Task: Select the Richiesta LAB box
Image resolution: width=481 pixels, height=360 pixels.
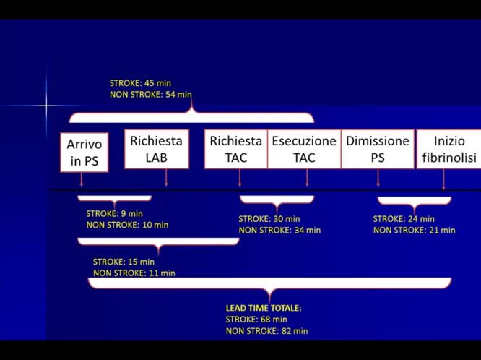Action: pos(156,149)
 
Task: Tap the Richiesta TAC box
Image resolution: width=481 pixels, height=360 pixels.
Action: pos(236,149)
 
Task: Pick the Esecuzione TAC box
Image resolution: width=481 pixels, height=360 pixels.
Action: pos(304,149)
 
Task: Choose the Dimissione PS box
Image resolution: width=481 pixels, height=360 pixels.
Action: pos(378,149)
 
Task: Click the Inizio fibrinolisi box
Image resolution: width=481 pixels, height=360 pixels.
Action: pos(449,149)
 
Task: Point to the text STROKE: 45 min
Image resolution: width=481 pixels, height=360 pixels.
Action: pos(140,83)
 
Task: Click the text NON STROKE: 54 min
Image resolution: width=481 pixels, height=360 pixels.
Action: pos(150,94)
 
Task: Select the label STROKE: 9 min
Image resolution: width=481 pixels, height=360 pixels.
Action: pos(116,213)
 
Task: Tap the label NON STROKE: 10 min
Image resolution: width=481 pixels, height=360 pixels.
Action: pos(127,225)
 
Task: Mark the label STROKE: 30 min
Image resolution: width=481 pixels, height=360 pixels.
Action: pos(269,219)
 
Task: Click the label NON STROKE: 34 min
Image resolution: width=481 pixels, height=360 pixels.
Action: pos(279,231)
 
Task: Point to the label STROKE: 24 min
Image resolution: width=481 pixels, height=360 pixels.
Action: pos(404,219)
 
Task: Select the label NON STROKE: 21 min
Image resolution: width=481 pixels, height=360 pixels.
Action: pos(414,231)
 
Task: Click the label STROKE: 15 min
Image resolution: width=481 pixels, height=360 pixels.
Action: pos(123,262)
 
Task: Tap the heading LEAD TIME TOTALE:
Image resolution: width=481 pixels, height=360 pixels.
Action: pos(264,308)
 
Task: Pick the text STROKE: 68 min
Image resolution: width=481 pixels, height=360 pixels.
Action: pos(256,320)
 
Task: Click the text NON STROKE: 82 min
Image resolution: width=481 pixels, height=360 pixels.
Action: pos(266,331)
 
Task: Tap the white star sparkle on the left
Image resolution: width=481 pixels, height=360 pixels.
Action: pos(46,106)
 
